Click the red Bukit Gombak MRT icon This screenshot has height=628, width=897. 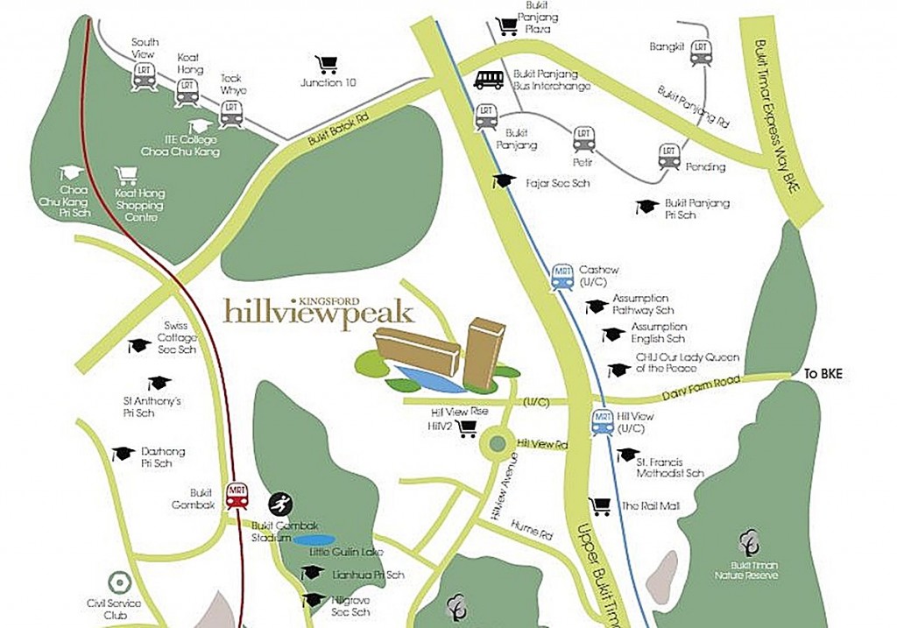(x=237, y=496)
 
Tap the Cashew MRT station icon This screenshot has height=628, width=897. (x=562, y=276)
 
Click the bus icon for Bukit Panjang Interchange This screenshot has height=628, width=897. (x=489, y=80)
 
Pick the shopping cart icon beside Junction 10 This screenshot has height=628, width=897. (x=326, y=64)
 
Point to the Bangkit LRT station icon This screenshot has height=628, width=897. (x=700, y=53)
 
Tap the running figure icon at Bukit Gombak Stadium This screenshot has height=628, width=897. (x=280, y=504)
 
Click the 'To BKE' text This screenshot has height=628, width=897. (x=824, y=375)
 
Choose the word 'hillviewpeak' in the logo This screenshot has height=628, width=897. (x=318, y=313)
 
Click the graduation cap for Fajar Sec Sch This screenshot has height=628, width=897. (x=503, y=180)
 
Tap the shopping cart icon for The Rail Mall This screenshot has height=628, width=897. (x=600, y=505)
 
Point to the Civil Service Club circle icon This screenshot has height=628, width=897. (x=119, y=582)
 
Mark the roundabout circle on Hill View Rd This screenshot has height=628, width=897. (x=498, y=443)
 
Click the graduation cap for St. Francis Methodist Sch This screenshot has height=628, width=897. (x=627, y=455)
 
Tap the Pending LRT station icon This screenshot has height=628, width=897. (x=669, y=156)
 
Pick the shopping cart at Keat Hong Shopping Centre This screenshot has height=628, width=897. (x=127, y=174)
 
